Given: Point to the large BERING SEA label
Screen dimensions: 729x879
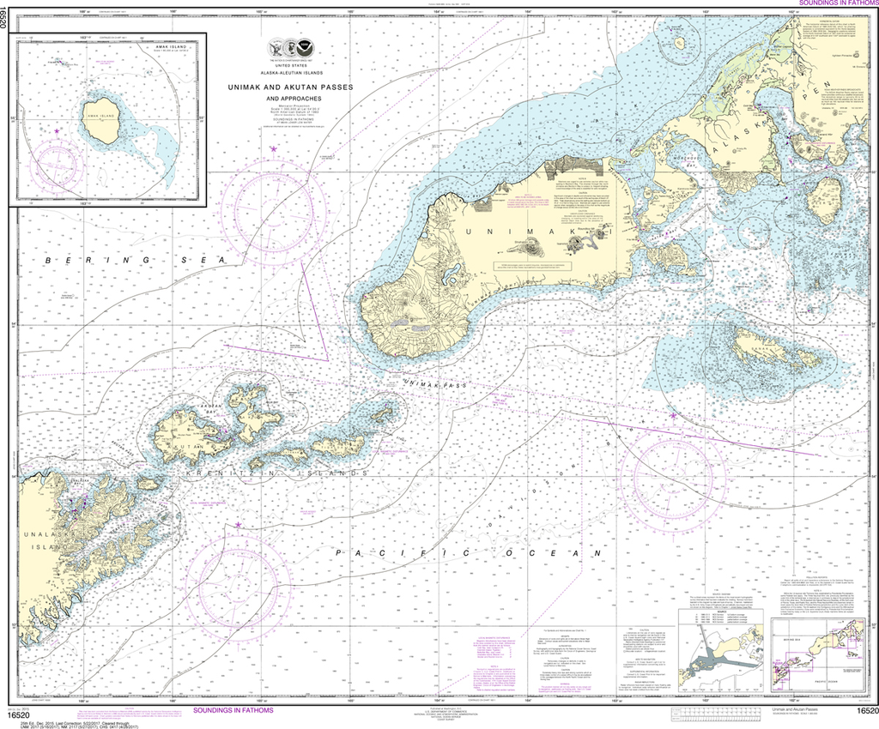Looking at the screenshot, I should pyautogui.click(x=129, y=260).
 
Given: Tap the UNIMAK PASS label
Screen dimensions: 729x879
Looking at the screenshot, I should pyautogui.click(x=438, y=387).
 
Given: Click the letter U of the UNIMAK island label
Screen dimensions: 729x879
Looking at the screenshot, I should pyautogui.click(x=470, y=232).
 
